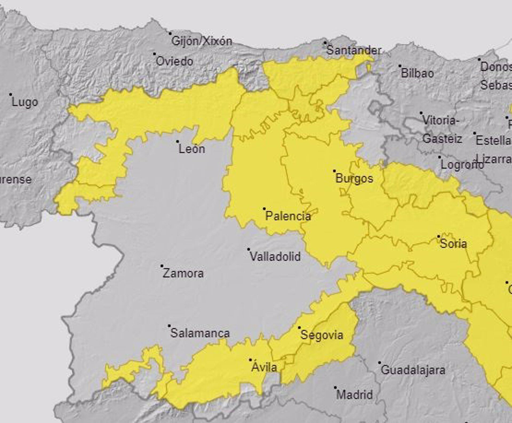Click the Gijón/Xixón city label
(202, 41)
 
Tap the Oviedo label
(174, 62)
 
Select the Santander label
(354, 50)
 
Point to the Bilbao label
(417, 74)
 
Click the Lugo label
(25, 102)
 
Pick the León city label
(192, 149)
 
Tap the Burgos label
(354, 178)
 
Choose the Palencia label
(288, 216)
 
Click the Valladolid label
(275, 257)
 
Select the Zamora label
(183, 273)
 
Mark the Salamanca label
(200, 333)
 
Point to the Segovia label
(322, 335)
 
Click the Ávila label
(264, 368)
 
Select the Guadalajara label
(413, 370)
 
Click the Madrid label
(354, 394)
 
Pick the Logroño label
(461, 165)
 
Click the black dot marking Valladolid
(249, 249)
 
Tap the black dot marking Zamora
(162, 266)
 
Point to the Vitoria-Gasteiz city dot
(421, 113)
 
